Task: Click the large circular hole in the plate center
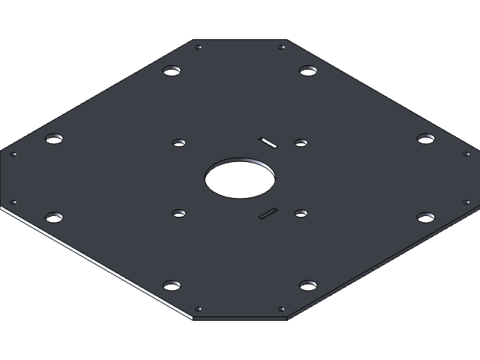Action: click(x=239, y=178)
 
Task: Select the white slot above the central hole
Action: click(x=268, y=141)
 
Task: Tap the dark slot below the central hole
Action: click(x=268, y=214)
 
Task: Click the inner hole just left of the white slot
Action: click(x=178, y=142)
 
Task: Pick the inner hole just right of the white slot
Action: click(x=301, y=142)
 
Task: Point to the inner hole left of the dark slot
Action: click(x=178, y=214)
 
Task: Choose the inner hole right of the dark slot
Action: click(x=301, y=214)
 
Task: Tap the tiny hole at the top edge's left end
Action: click(x=199, y=47)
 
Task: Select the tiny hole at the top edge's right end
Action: click(x=282, y=47)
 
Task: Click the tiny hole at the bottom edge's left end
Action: click(x=199, y=309)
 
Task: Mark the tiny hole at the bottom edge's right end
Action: click(x=282, y=309)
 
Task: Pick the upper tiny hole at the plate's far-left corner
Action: click(x=13, y=154)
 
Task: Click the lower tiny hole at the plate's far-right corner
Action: click(x=466, y=202)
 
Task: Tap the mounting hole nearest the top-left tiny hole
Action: click(x=172, y=71)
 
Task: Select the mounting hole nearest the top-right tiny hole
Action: click(x=307, y=71)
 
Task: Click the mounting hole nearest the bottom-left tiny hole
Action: click(x=172, y=285)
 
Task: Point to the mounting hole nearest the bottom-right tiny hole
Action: click(x=307, y=285)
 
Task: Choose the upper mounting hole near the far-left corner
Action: click(x=53, y=139)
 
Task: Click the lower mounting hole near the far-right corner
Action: click(x=425, y=217)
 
